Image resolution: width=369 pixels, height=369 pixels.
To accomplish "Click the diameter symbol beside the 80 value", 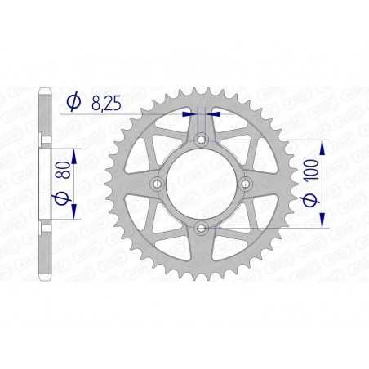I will pos(60,198).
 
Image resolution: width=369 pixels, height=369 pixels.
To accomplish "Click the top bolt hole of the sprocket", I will pos(201,141).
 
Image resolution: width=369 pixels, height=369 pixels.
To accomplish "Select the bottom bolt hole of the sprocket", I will pos(201,229).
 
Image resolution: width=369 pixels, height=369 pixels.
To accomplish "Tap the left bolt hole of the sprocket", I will pos(157,184).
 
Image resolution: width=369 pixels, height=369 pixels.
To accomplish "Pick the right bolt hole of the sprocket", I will pos(245,184).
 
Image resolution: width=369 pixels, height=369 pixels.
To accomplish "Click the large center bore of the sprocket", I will pos(201,184).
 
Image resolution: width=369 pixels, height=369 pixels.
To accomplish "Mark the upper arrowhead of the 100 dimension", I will pos(323,145).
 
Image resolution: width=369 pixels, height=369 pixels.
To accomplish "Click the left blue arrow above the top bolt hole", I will pos(189,114).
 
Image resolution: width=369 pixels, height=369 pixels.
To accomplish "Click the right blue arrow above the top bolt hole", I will pos(213,114).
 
